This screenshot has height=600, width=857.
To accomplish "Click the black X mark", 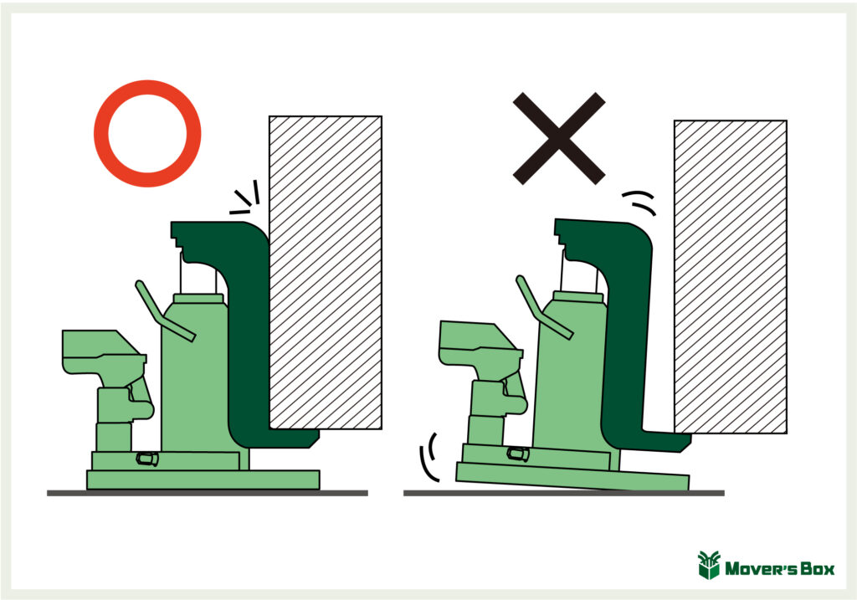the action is (558, 138).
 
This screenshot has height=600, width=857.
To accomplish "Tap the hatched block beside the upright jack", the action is (326, 272).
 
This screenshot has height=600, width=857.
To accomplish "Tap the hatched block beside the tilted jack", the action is (730, 276).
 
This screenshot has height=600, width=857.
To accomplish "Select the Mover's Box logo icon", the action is (709, 565).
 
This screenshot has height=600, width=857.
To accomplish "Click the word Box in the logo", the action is (818, 569).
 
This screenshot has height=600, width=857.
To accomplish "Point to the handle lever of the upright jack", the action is (164, 311).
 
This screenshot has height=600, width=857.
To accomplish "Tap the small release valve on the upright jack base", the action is (147, 459).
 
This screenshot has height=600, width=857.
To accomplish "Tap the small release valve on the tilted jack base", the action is (518, 454).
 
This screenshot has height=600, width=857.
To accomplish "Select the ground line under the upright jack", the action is (208, 493).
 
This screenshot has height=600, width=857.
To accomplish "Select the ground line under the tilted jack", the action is (563, 493).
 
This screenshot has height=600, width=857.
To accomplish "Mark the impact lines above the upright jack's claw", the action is (244, 197).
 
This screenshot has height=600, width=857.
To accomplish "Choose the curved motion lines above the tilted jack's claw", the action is (639, 203).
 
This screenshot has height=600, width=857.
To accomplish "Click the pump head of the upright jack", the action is (103, 352).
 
